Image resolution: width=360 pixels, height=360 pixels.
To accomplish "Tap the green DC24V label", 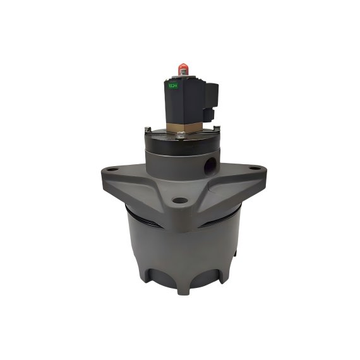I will (x=171, y=84).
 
